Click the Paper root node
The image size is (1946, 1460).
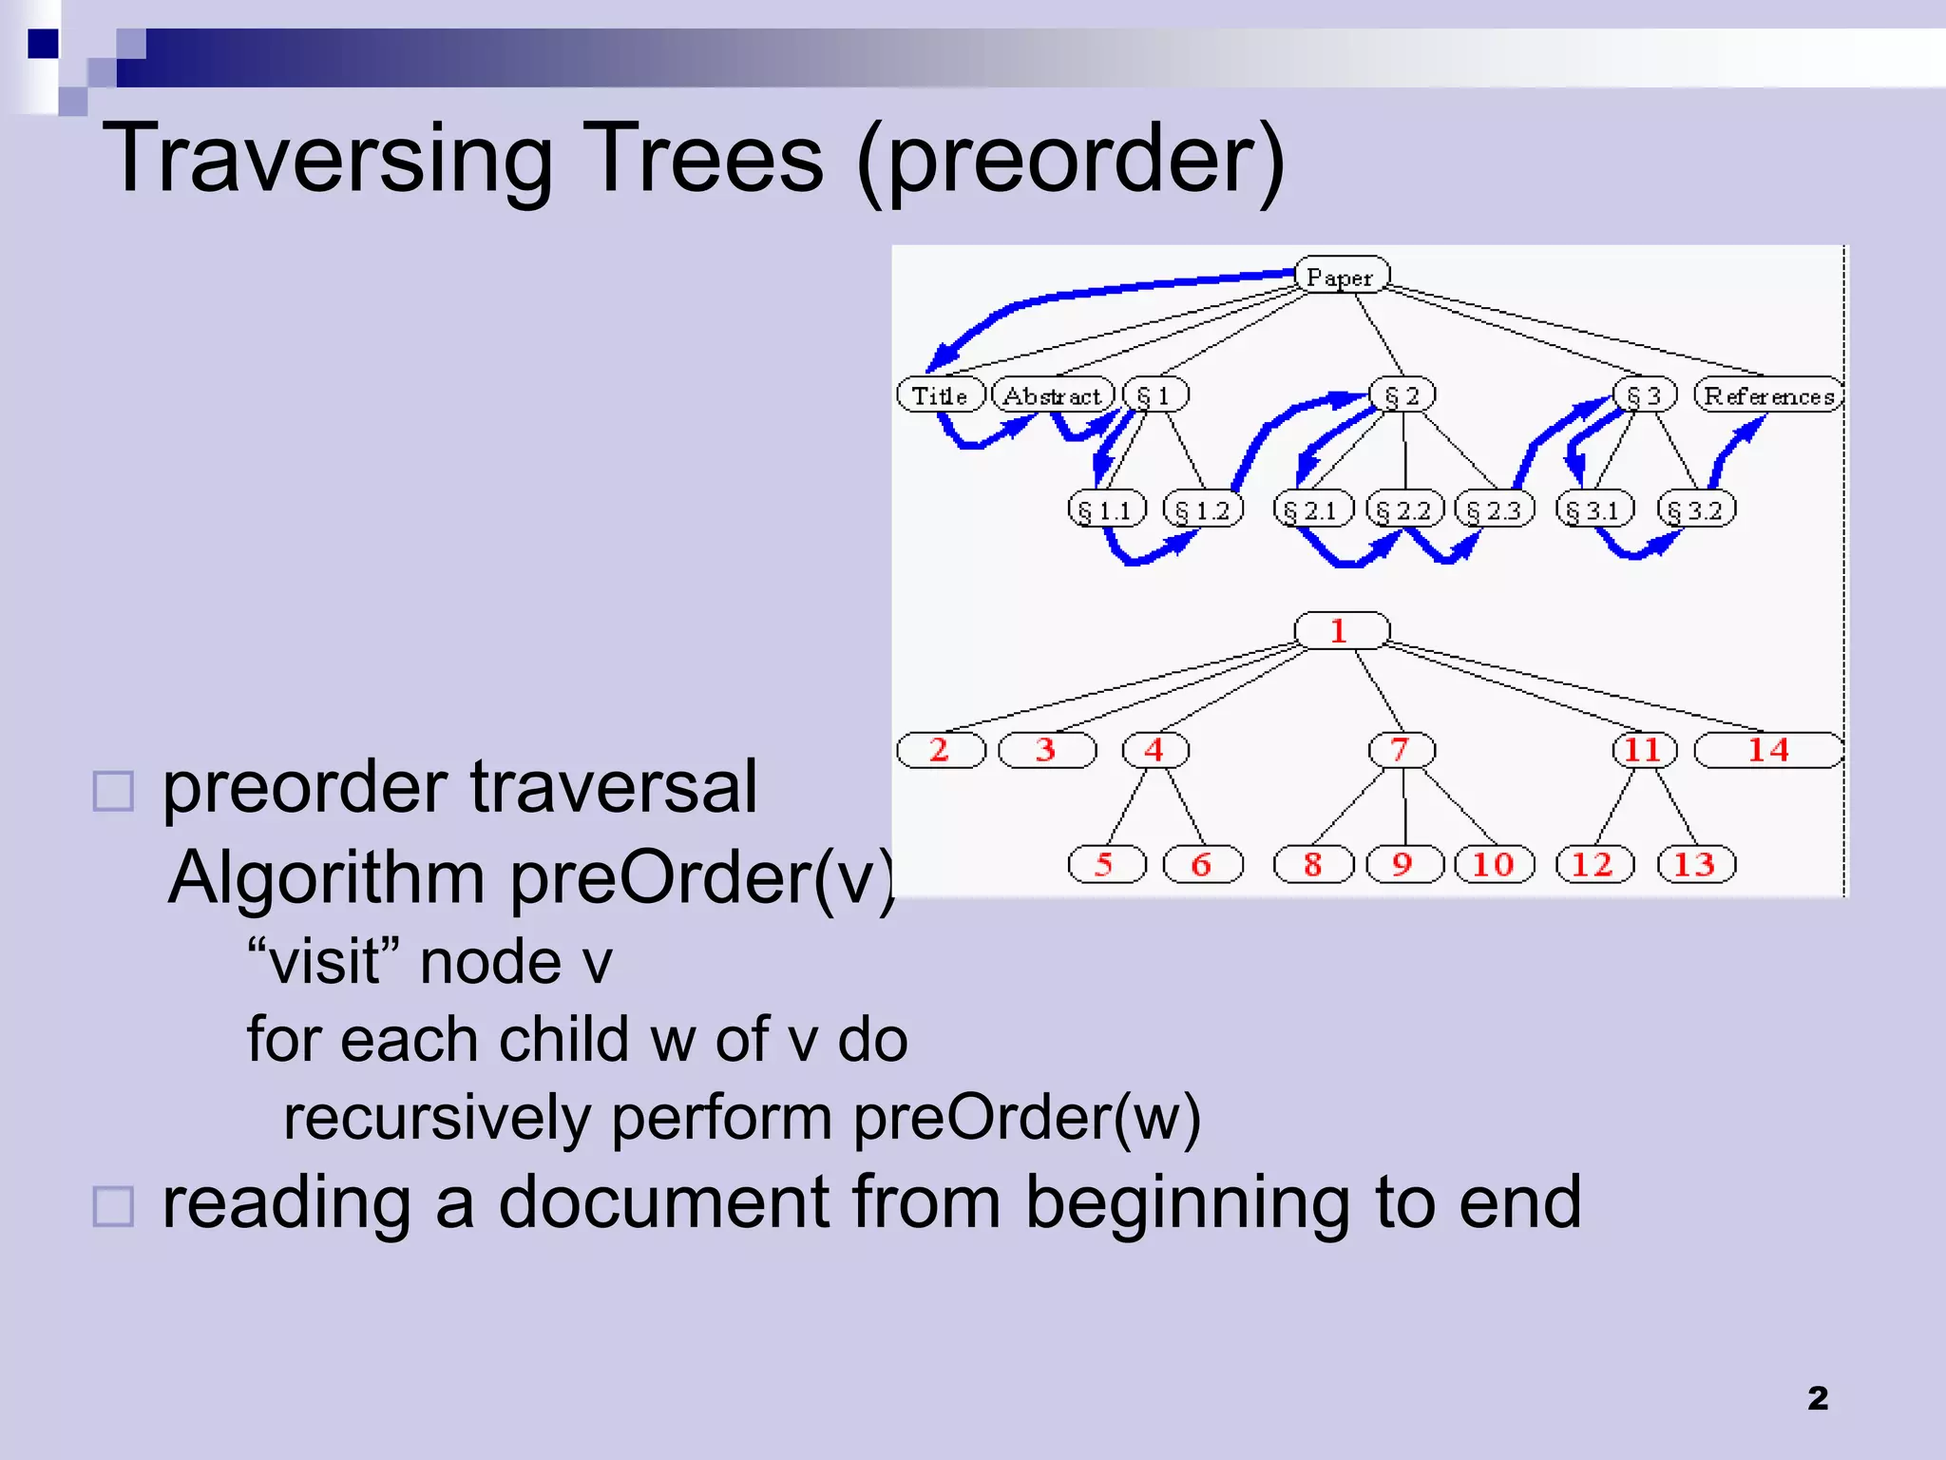(x=1341, y=276)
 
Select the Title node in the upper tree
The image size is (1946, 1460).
(x=940, y=394)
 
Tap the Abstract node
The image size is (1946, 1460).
(x=1052, y=394)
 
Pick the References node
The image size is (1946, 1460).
(x=1768, y=394)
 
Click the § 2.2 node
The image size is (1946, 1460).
(x=1403, y=509)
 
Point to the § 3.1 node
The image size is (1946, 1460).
(x=1593, y=509)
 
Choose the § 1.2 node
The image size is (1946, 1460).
(x=1202, y=509)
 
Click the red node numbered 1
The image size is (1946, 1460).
(x=1341, y=630)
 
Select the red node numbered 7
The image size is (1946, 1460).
(x=1401, y=749)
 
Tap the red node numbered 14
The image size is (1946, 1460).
(x=1768, y=749)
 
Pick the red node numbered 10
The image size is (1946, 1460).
(x=1493, y=864)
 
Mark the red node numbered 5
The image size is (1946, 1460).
(x=1105, y=864)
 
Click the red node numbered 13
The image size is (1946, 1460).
(x=1695, y=864)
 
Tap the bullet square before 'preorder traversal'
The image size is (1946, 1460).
(x=113, y=791)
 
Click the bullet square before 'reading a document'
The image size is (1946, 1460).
(x=113, y=1206)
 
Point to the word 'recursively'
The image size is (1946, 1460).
(x=437, y=1118)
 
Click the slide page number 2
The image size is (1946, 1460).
(x=1817, y=1398)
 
